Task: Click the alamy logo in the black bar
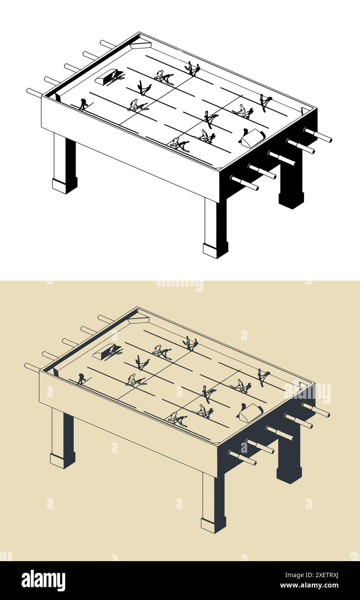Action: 43,580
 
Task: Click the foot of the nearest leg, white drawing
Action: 215,250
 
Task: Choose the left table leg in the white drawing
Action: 64,163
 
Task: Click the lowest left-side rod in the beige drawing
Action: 33,367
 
